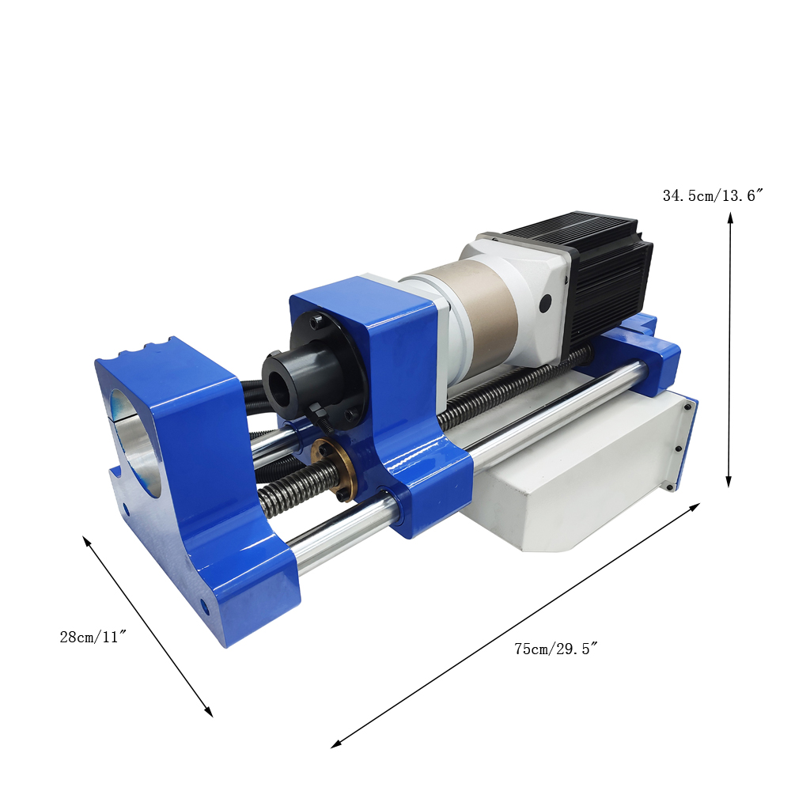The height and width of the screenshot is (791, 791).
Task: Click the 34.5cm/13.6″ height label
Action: click(713, 195)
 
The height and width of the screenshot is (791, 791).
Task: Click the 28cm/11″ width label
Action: click(93, 637)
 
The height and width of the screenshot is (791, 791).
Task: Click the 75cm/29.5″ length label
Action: click(556, 649)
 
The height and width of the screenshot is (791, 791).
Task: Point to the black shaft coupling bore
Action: click(278, 387)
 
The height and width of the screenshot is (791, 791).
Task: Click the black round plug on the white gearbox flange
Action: click(545, 305)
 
